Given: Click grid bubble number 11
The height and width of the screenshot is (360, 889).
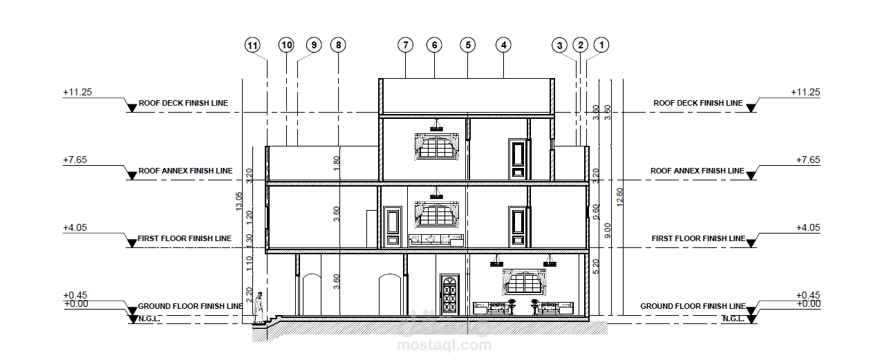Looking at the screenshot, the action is click(x=252, y=45).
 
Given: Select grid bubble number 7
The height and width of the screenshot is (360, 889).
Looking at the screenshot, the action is click(x=405, y=45).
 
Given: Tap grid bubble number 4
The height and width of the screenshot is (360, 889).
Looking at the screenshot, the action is click(x=503, y=45).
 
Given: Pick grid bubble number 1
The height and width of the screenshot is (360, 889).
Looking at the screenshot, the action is click(x=601, y=45).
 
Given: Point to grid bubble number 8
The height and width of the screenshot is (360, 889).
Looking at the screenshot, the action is click(x=338, y=45).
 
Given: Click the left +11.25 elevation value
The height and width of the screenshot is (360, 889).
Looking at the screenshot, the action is click(x=77, y=92).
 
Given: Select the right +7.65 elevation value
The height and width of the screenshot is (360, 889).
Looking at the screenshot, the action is click(x=808, y=160).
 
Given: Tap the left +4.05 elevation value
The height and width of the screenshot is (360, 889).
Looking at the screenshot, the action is click(x=75, y=228).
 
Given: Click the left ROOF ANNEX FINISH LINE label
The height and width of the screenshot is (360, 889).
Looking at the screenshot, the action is click(x=185, y=171).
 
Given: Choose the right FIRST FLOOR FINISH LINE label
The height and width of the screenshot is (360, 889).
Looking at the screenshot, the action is click(x=698, y=238).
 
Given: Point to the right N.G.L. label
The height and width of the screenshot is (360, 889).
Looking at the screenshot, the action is click(x=733, y=319).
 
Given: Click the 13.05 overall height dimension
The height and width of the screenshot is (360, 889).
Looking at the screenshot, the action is click(x=238, y=201).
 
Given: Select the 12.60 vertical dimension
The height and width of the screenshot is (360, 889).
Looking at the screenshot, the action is click(x=619, y=197).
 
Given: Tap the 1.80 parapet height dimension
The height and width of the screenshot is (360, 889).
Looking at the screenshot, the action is click(x=337, y=164).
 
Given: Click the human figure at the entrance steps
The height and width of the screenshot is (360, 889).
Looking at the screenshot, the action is click(x=259, y=307).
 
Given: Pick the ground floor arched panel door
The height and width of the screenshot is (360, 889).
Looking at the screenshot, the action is click(x=449, y=294).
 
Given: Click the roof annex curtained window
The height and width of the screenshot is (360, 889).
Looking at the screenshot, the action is click(x=437, y=147).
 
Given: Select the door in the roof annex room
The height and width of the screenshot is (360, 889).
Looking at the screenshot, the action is click(x=518, y=159).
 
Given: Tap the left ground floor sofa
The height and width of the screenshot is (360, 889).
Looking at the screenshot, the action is click(x=492, y=308).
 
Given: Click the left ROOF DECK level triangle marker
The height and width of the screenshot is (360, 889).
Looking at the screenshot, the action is click(x=131, y=108).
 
